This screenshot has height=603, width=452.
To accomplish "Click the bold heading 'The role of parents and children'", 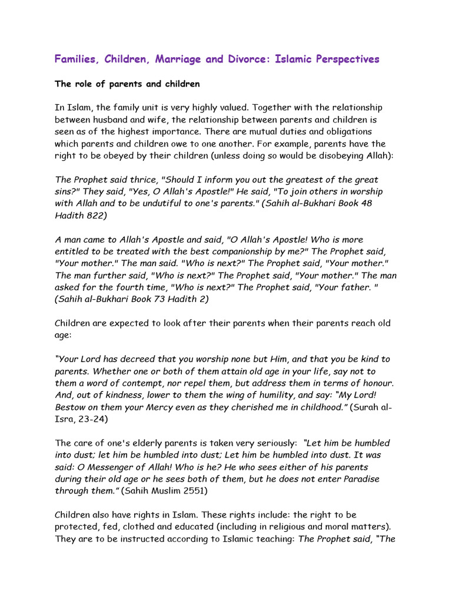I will pyautogui.click(x=127, y=84).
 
